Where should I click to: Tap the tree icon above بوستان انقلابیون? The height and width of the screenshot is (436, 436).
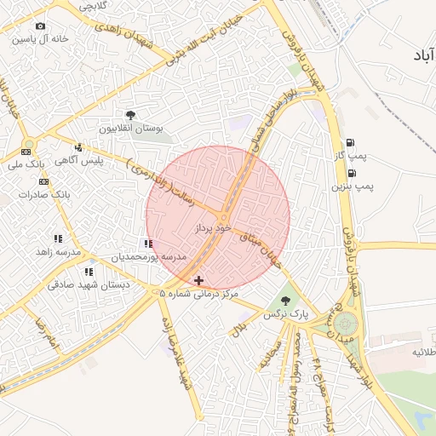(x=129, y=115)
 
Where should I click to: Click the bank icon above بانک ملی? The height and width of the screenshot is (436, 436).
(x=24, y=151)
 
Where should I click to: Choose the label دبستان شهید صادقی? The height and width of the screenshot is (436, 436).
(x=88, y=285)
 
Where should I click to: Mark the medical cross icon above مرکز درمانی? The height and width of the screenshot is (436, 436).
(x=198, y=279)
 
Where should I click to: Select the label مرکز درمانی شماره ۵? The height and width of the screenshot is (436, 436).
(x=199, y=293)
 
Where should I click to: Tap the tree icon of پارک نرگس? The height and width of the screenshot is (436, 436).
(x=284, y=301)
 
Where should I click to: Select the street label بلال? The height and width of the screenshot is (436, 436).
(x=241, y=325)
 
